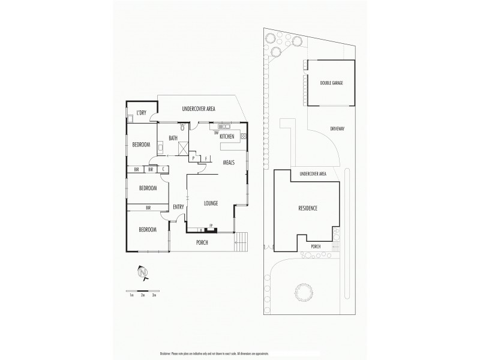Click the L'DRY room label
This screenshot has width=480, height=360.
(x=141, y=113)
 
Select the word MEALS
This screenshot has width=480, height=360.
(x=229, y=163)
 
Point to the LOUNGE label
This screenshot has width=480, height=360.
(x=210, y=203)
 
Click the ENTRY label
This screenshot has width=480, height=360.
(x=178, y=207)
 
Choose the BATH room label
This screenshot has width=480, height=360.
(x=173, y=139)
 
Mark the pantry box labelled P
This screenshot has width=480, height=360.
(x=194, y=158)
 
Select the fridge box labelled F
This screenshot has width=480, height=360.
(x=206, y=158)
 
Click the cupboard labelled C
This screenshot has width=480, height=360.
(x=163, y=170)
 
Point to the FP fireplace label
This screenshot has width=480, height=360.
(x=211, y=226)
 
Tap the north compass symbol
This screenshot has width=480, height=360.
(x=143, y=273)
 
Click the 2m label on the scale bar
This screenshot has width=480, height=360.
(x=142, y=295)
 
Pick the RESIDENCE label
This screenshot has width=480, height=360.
(x=308, y=208)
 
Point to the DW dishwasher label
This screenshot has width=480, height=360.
(x=215, y=133)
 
